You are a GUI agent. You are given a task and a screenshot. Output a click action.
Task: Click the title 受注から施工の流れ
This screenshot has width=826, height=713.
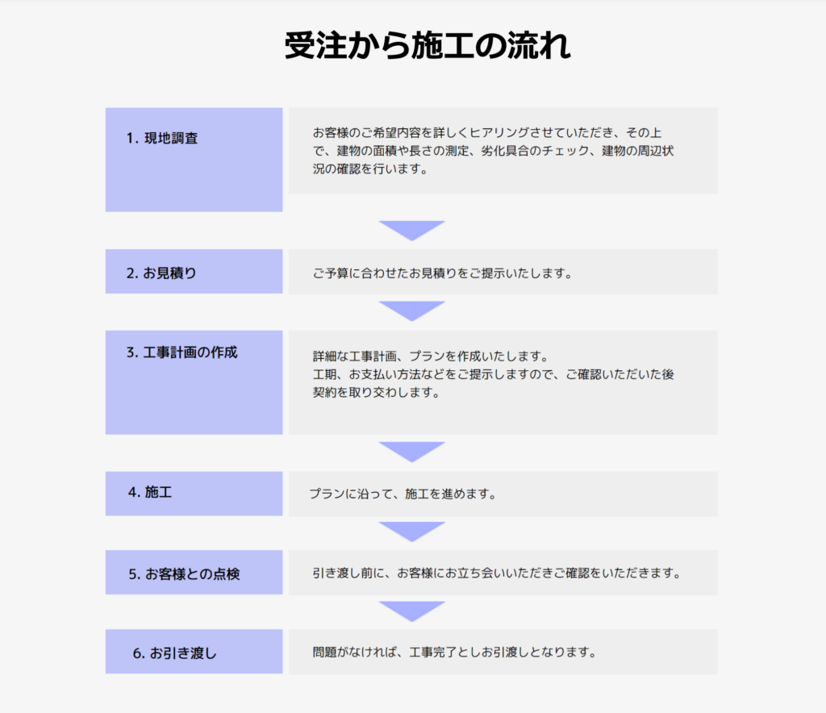coord(428,45)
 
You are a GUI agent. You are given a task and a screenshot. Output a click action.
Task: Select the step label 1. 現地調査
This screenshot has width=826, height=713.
coord(161,138)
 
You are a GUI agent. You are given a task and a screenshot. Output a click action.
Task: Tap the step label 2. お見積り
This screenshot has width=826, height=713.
coord(161,273)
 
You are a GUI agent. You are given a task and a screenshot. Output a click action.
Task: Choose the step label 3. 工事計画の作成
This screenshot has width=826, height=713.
coord(181,352)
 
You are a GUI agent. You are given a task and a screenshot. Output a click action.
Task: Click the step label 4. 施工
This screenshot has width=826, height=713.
coord(150,492)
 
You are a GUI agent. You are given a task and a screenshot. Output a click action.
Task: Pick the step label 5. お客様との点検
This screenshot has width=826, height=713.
coord(184,574)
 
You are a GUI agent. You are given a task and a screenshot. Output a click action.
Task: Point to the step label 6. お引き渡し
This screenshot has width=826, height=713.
coord(174,653)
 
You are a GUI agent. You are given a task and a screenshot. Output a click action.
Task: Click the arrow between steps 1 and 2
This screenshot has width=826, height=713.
coord(412,230)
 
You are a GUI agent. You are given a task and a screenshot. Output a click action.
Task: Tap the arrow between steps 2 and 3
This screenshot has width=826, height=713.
coord(412,311)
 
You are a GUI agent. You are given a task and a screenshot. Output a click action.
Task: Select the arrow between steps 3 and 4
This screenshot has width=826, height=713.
coord(412,452)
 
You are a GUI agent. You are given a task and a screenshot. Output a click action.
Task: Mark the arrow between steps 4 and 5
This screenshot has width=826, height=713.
coord(412,532)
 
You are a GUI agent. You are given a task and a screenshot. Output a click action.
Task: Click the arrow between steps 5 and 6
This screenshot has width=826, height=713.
coord(412,611)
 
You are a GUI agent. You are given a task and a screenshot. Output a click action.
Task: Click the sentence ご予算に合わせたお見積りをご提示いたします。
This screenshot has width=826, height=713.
coord(443,273)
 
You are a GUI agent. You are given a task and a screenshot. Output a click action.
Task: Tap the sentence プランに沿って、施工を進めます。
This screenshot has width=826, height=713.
coord(403,494)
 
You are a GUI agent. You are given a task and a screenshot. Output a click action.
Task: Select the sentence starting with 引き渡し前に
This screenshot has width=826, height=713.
coord(497,573)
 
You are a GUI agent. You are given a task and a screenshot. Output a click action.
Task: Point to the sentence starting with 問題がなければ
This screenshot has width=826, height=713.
coord(455,652)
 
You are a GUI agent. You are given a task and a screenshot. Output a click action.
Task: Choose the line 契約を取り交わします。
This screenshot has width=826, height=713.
coord(377,392)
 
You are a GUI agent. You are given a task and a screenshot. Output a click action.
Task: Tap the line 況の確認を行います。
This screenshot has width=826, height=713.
coord(370,169)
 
